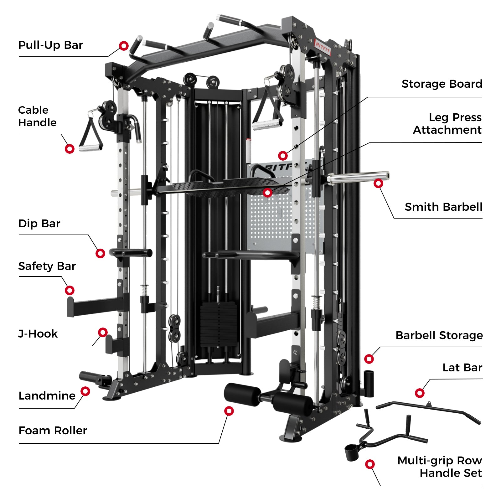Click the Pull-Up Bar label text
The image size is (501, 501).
50,45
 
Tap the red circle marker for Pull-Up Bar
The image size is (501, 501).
124,46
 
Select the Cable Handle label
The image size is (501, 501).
37,116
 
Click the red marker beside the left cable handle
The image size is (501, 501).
70,149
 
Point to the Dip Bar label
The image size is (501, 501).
39,224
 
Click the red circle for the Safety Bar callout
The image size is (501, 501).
70,290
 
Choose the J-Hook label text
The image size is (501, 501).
38,334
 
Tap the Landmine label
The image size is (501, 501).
47,396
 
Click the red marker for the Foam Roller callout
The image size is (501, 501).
229,411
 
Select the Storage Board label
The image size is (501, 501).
442,84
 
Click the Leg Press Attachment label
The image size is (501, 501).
447,124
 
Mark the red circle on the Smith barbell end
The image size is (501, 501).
378,183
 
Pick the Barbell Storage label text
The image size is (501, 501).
439,335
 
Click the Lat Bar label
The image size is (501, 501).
462,368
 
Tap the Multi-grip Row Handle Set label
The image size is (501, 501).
440,467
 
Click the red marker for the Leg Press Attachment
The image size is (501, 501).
267,193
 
